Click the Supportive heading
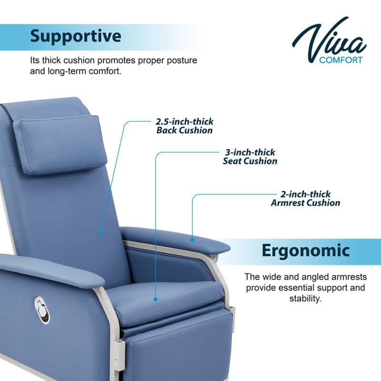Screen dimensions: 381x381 point(76,36)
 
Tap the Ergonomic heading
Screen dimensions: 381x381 point(306,251)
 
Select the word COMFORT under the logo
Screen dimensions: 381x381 point(341,60)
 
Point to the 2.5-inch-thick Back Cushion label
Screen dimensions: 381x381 point(184,126)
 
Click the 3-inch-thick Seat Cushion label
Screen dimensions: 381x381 point(250,157)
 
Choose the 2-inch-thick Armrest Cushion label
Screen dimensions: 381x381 point(306,199)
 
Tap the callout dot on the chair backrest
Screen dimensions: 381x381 point(100,233)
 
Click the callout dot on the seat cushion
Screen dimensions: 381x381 point(155,299)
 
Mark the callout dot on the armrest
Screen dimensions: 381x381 point(192,240)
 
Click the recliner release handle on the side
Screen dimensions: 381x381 point(42,310)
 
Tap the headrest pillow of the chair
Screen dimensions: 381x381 point(60,143)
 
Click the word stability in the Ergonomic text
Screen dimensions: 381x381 point(305,299)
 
